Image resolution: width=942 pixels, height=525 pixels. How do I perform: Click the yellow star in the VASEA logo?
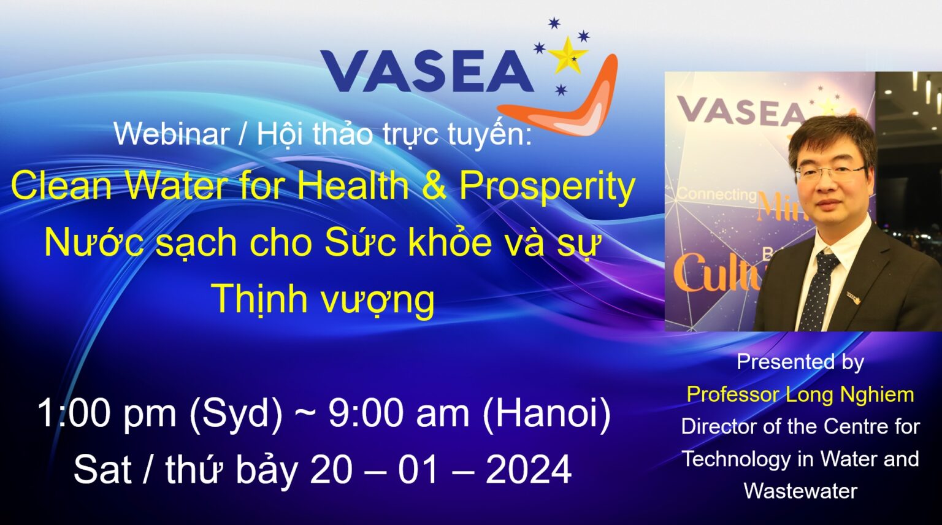[567, 55]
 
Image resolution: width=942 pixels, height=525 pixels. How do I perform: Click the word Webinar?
[171, 134]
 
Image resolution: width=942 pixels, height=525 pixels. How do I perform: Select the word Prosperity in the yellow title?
[547, 185]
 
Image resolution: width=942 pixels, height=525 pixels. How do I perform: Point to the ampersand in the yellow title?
[434, 185]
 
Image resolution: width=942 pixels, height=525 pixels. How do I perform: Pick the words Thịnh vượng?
[323, 299]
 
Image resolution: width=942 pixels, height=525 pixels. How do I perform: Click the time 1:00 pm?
[107, 413]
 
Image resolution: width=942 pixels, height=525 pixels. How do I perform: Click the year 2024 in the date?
[528, 470]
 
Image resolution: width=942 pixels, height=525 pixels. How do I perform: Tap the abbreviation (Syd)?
[236, 413]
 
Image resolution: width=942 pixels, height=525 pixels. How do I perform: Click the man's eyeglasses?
[830, 172]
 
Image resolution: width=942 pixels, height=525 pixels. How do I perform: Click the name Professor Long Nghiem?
[800, 394]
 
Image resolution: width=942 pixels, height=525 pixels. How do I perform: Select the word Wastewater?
[800, 491]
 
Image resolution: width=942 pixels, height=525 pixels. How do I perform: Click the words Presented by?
[800, 362]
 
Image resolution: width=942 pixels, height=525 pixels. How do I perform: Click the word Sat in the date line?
[102, 470]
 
